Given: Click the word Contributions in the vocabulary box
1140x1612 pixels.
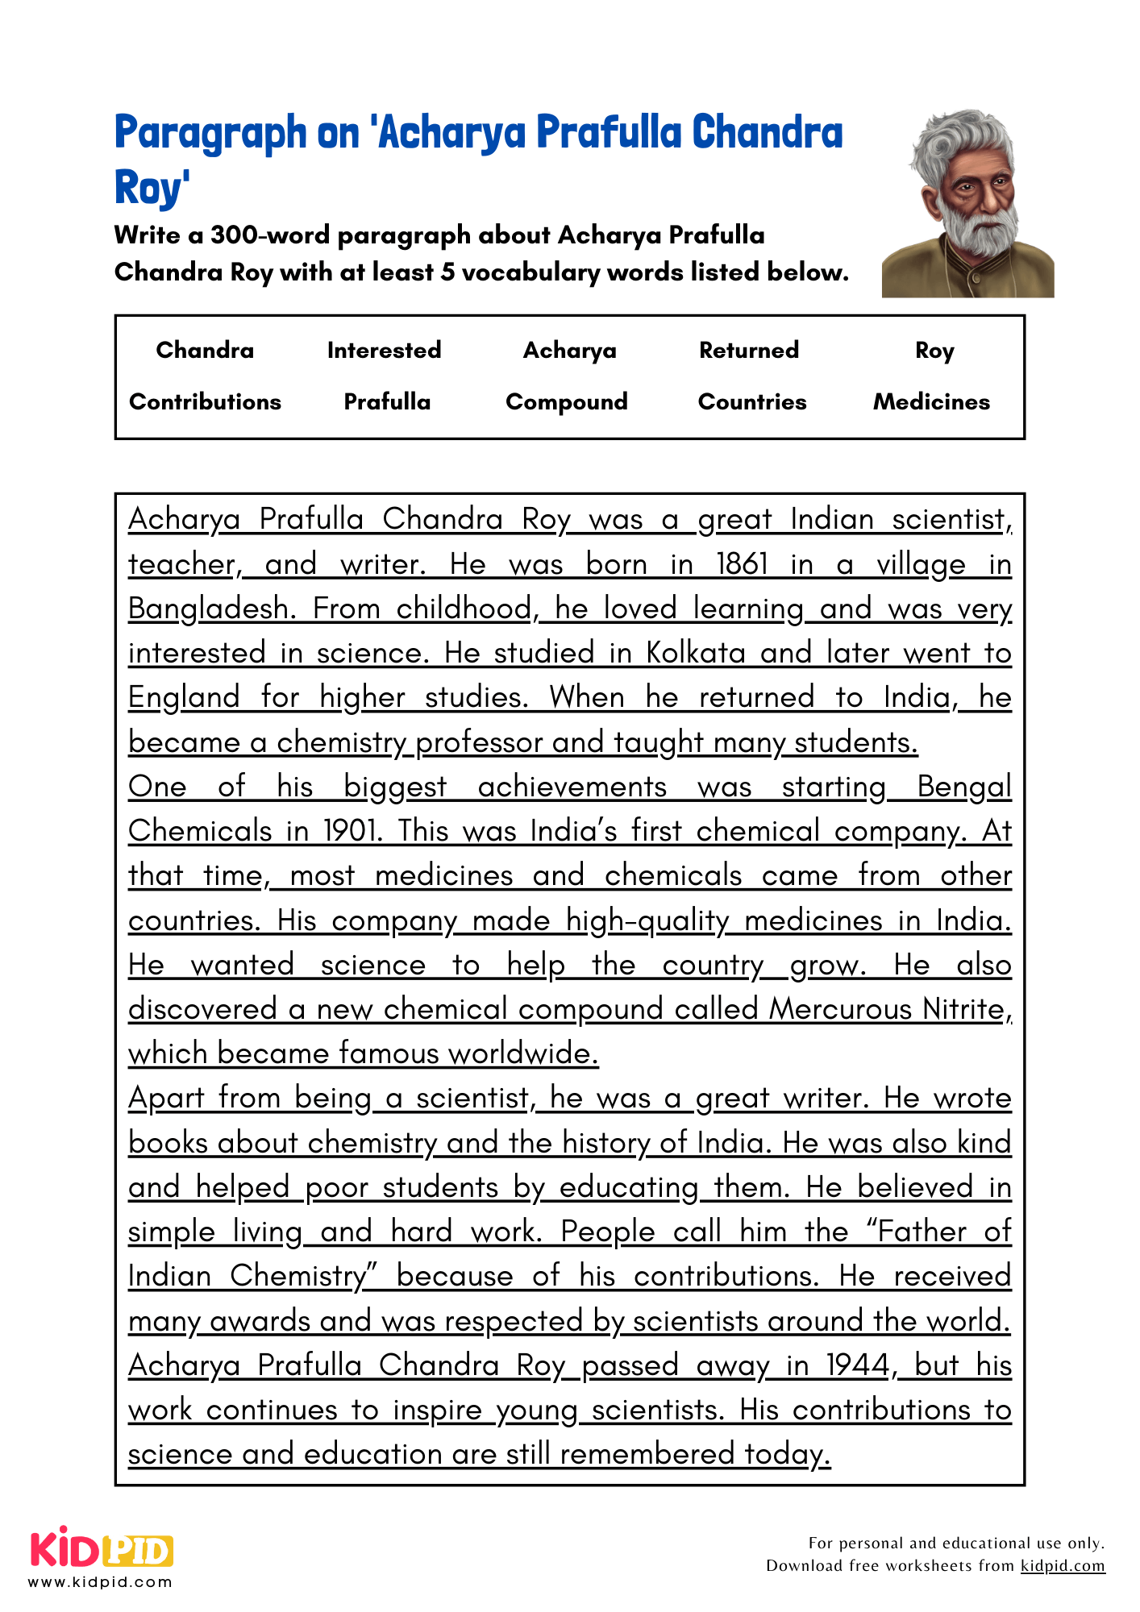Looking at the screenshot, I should (205, 401).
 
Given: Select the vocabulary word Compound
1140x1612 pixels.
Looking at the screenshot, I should (566, 401).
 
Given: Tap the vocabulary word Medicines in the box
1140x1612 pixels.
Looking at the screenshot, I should (931, 401).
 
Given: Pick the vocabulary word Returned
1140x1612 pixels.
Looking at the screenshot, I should (748, 350).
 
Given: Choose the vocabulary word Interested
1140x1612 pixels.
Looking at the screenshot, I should (384, 350).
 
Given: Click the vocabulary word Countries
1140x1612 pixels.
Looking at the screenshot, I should (751, 401).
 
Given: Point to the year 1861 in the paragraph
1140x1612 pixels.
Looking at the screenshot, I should (743, 563).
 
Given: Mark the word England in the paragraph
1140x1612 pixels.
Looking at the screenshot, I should (184, 696).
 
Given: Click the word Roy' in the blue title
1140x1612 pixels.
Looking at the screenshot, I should (152, 188).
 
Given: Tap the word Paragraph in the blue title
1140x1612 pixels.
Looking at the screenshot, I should (210, 132).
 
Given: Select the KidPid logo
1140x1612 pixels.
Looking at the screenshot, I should (102, 1548).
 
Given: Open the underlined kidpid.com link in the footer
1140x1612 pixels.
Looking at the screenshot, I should (1062, 1565).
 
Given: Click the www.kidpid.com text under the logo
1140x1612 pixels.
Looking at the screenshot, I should (100, 1582).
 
